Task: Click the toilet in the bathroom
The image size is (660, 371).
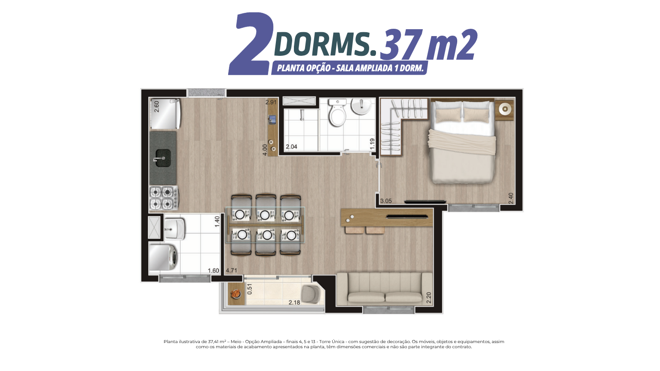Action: pyautogui.click(x=337, y=113)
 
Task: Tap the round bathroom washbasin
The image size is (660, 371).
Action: pyautogui.click(x=361, y=106)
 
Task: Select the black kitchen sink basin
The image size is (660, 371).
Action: pyautogui.click(x=163, y=158)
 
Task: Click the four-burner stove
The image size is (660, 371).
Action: pyautogui.click(x=164, y=198)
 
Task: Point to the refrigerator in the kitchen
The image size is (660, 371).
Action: pyautogui.click(x=165, y=114)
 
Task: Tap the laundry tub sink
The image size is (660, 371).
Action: pyautogui.click(x=174, y=228)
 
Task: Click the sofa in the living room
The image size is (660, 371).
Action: pyautogui.click(x=385, y=289)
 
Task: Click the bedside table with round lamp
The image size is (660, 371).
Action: pyautogui.click(x=505, y=110)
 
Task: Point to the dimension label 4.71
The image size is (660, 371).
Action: pyautogui.click(x=231, y=270)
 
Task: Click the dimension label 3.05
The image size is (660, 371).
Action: pyautogui.click(x=386, y=201)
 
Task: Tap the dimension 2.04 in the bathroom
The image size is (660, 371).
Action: pyautogui.click(x=291, y=146)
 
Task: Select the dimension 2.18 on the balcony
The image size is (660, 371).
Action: pyautogui.click(x=294, y=302)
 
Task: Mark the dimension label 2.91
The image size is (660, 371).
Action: pyautogui.click(x=271, y=102)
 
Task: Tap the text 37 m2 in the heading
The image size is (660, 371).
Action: pyautogui.click(x=428, y=44)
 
